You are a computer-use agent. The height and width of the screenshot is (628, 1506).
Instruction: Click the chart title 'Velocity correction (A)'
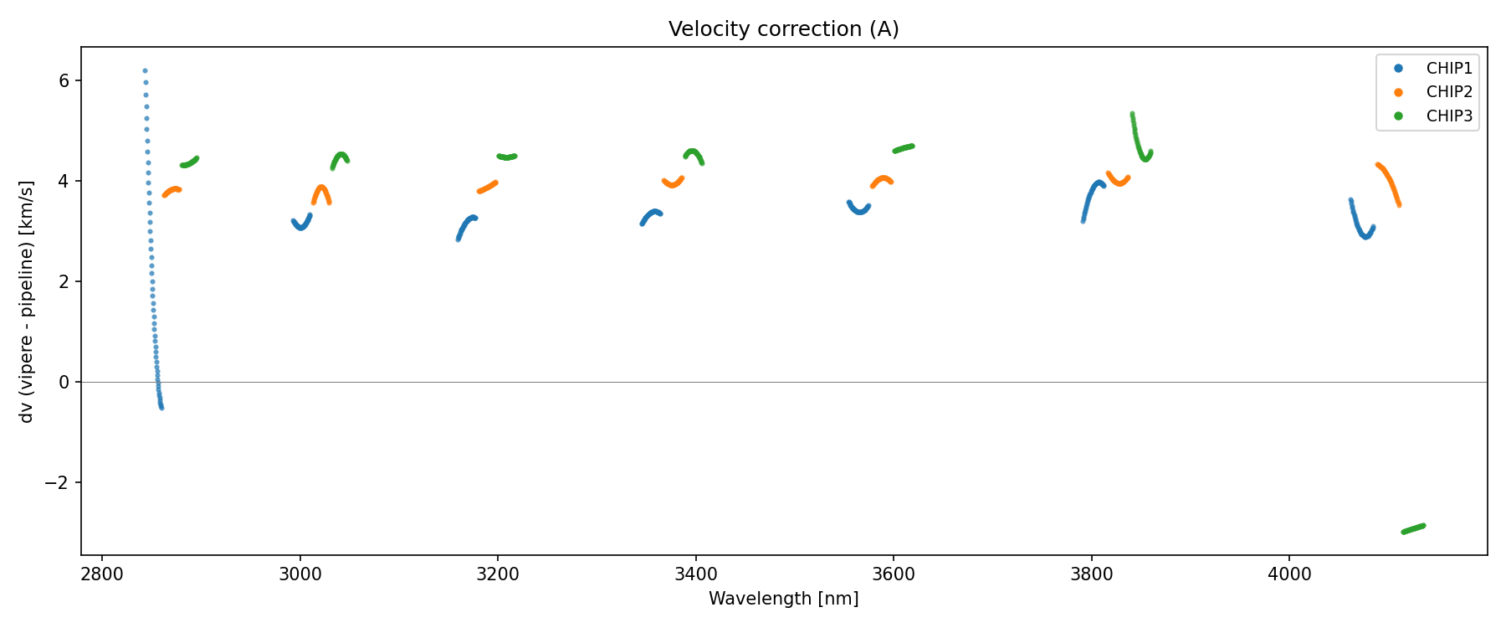(x=783, y=29)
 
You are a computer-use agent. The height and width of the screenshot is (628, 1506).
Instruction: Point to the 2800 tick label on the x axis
(x=102, y=574)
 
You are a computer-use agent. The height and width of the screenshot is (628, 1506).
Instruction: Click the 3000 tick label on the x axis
(x=300, y=574)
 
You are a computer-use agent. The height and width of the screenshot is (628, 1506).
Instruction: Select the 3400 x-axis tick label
(x=695, y=574)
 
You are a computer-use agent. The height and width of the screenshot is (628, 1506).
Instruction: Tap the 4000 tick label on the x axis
(x=1289, y=574)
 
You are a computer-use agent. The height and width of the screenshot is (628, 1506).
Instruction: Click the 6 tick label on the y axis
(x=65, y=81)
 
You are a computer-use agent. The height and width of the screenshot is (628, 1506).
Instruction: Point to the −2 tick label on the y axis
(x=60, y=483)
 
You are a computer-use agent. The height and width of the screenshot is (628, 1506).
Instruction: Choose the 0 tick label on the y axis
(x=65, y=383)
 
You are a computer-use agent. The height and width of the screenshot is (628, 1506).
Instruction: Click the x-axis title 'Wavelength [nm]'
(x=783, y=599)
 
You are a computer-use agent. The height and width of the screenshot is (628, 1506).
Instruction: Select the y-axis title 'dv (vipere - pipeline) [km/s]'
(x=27, y=301)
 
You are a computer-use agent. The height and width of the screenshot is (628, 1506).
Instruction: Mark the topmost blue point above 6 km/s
(x=145, y=71)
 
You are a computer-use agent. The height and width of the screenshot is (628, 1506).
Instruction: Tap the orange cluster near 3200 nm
(x=488, y=187)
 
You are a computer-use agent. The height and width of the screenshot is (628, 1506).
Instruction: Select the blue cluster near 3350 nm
(x=651, y=216)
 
